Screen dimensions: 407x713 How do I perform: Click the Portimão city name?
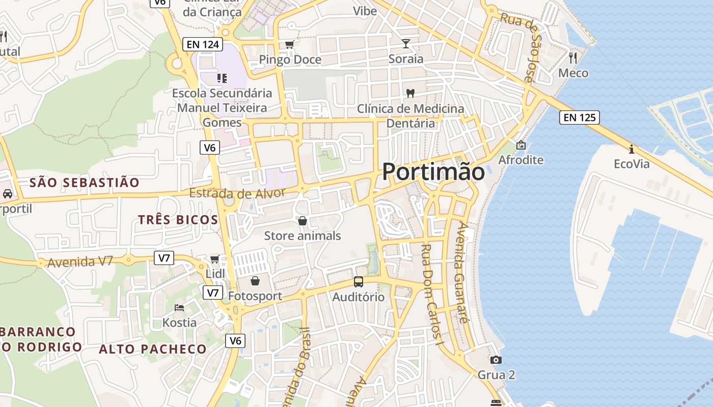coord(433,171)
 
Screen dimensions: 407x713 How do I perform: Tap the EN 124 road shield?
coord(203,44)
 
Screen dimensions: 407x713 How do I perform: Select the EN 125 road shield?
coord(579,118)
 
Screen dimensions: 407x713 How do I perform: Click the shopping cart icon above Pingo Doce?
coord(289,45)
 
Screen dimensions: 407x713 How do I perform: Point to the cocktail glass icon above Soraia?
coord(406,43)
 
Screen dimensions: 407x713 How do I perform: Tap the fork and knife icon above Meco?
coord(573,57)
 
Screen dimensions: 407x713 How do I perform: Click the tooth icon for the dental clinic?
coord(410,93)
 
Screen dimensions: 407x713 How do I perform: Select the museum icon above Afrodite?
coord(520,145)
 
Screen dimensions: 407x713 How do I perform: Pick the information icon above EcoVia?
coord(632,149)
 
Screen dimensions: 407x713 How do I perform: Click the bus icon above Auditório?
coord(359,282)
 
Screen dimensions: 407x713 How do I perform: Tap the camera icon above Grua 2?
coord(496,360)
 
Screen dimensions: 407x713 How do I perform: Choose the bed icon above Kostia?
coord(179,308)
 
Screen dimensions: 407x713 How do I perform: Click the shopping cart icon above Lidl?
coord(215,259)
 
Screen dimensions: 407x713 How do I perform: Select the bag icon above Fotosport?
coord(255,281)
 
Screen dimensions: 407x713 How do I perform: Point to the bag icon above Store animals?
coord(303,221)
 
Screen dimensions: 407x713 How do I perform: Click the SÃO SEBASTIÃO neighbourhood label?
coord(84,183)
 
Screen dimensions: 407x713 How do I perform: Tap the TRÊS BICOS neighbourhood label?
coord(178,220)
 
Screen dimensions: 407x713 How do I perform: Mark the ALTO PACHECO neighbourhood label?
coord(153,349)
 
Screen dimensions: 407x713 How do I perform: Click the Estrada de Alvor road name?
coord(237,193)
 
